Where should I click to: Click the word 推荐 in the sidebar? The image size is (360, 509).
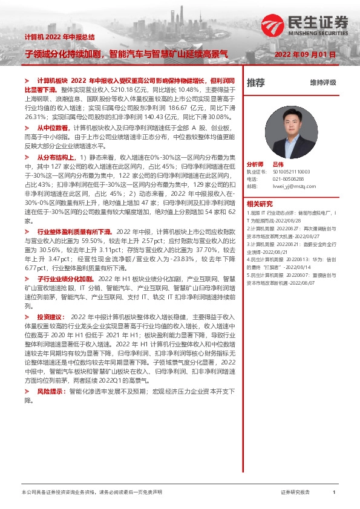[256, 83]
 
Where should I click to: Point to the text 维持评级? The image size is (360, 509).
[323, 83]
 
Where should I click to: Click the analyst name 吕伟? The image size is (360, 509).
[278, 164]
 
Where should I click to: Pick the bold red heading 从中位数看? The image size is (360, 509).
[54, 128]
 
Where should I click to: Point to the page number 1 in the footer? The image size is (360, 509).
[334, 493]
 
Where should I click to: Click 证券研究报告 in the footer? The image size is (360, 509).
[295, 493]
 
